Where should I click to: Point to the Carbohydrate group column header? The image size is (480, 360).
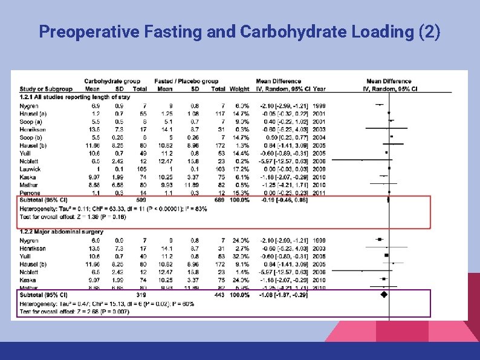click(112, 81)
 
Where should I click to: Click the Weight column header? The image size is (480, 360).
click(239, 89)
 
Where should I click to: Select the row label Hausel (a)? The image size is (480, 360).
click(31, 113)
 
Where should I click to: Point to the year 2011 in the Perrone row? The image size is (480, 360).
click(319, 192)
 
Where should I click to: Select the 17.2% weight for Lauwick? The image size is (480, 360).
click(240, 169)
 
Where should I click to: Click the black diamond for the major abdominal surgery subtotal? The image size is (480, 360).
click(383, 295)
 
